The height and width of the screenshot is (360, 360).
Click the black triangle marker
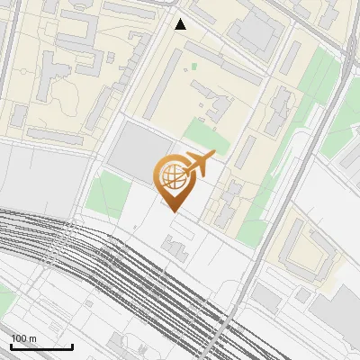[181, 24]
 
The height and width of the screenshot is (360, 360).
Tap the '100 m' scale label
[23, 338]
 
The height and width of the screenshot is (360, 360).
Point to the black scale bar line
[41, 346]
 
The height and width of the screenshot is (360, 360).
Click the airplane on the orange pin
[200, 162]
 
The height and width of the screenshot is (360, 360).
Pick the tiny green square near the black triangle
[193, 67]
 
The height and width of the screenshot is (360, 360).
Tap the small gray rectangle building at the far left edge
[19, 115]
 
